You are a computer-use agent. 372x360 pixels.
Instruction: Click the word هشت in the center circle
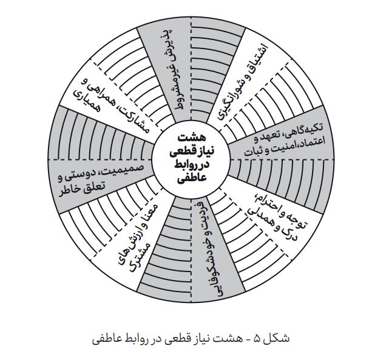point(192,138)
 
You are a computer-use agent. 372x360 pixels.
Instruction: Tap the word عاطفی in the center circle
point(192,178)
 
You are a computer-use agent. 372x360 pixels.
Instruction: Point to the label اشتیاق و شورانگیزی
point(243,81)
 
